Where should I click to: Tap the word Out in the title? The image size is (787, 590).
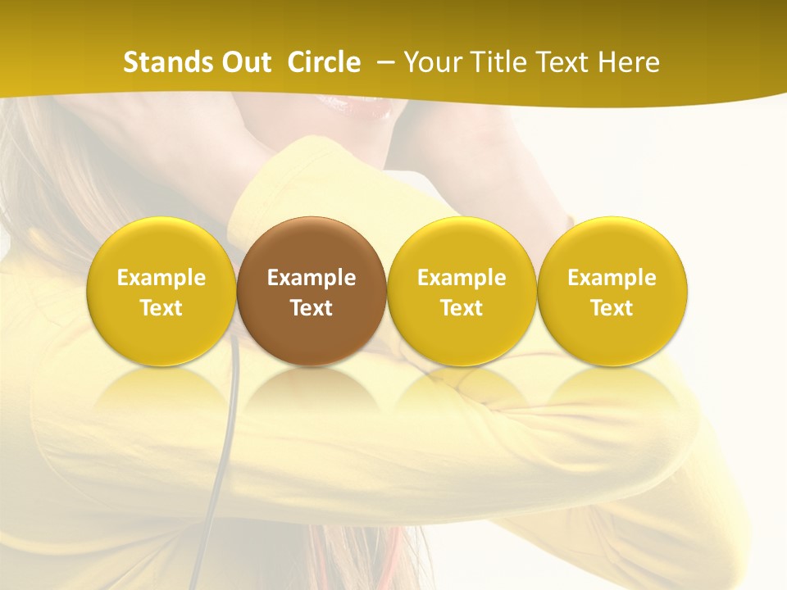coord(243,62)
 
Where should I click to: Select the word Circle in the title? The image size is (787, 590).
coord(324,62)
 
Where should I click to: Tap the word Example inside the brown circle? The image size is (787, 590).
coord(312,278)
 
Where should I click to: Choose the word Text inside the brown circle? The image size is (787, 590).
coord(312,308)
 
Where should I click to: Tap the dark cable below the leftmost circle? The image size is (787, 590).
coord(221,459)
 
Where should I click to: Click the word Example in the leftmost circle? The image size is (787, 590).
coord(161,278)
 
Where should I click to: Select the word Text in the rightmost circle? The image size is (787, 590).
coord(612,308)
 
